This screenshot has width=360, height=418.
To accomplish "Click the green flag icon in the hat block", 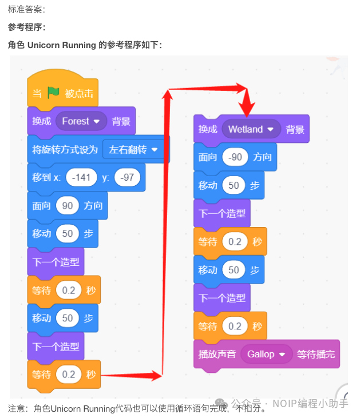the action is (x=53, y=93).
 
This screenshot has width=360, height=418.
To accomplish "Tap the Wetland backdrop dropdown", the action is (x=251, y=129).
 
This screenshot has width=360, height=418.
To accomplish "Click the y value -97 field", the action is (x=127, y=177).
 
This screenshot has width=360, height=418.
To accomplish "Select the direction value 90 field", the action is (x=68, y=205).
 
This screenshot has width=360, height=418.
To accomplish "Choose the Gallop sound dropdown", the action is (x=266, y=354).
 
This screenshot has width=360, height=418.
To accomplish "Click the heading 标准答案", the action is (x=26, y=10).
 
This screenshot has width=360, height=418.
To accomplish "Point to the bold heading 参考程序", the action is (x=26, y=27).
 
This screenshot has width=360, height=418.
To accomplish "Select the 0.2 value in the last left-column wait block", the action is (x=69, y=375).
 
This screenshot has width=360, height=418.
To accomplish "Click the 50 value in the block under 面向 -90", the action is (x=234, y=185).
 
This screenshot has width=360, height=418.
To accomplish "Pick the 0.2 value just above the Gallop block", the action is (x=235, y=326).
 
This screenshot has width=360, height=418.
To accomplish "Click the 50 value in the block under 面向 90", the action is (x=68, y=233).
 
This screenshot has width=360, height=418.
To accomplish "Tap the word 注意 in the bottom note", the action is (x=17, y=408).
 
